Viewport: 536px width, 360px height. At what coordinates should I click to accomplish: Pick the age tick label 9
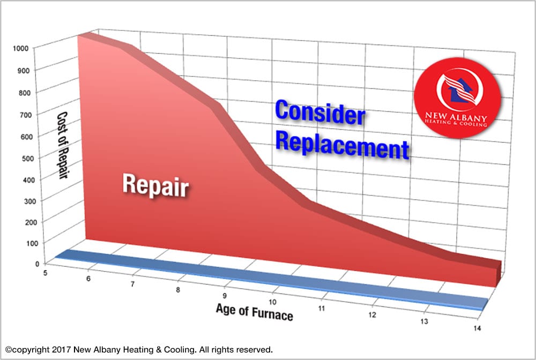click(225, 295)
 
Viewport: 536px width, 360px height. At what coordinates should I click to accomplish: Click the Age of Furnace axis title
click(255, 311)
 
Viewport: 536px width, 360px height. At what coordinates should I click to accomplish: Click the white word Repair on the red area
click(155, 184)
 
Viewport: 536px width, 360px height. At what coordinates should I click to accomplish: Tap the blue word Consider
click(320, 114)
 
